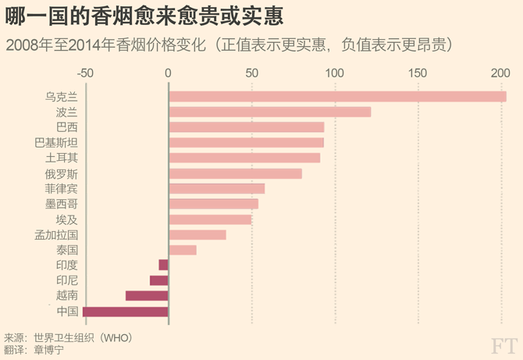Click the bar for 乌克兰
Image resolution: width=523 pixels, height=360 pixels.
[337, 97]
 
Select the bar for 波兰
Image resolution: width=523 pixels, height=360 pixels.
[270, 112]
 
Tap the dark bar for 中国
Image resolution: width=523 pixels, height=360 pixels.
[125, 312]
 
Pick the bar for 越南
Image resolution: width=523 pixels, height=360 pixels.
[147, 296]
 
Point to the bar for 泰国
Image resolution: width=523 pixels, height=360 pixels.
[183, 250]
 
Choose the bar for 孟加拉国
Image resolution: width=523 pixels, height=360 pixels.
[197, 234]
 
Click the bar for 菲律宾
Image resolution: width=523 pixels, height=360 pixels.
[217, 188]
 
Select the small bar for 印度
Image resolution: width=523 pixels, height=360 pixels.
[163, 265]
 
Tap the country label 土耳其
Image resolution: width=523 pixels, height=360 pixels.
[62, 158]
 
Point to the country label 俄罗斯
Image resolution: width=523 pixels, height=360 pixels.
[62, 173]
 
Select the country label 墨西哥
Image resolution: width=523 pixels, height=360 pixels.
[62, 204]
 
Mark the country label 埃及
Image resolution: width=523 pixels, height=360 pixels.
[67, 219]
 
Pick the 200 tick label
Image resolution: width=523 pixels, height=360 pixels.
[500, 73]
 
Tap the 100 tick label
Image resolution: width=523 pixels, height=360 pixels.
[334, 73]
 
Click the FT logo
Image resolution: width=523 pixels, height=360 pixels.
[503, 345]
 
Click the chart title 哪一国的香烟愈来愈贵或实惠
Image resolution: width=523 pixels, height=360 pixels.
[144, 15]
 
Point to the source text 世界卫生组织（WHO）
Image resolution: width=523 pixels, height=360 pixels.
[82, 337]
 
